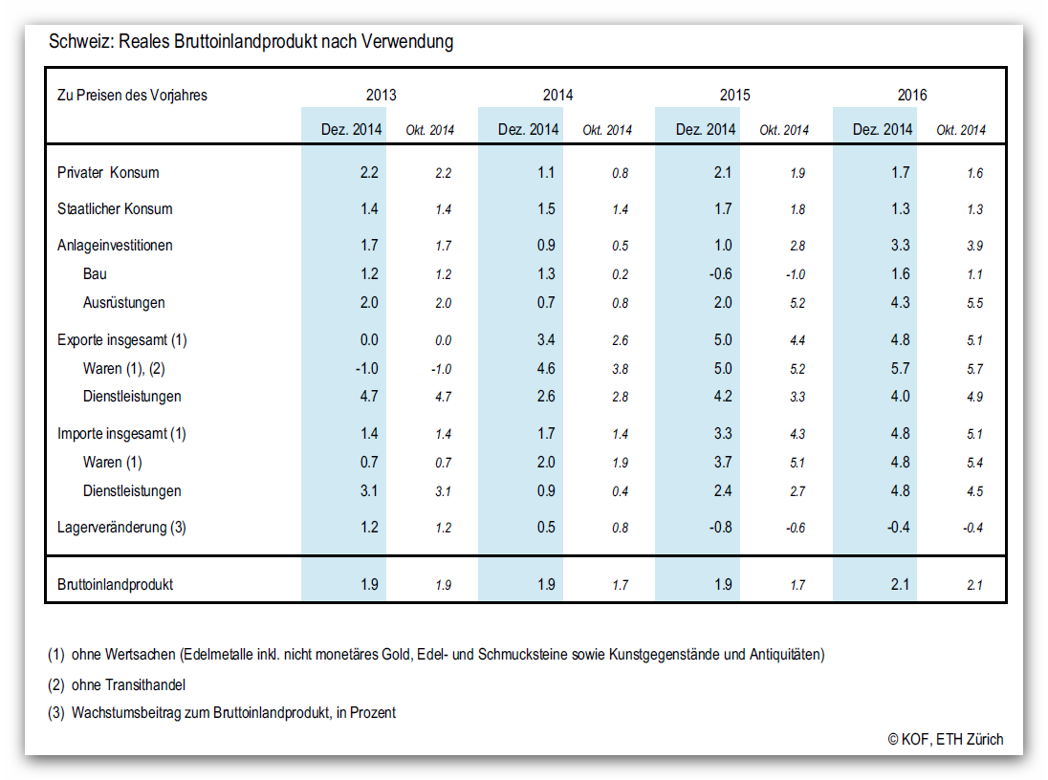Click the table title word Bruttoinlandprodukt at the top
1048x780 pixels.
click(x=246, y=41)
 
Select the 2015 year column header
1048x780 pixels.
click(x=734, y=95)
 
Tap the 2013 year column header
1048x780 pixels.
click(x=381, y=95)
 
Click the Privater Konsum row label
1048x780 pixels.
click(x=108, y=172)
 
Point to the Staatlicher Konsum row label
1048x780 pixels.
click(x=115, y=208)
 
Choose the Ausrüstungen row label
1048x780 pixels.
click(x=123, y=303)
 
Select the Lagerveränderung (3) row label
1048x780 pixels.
click(x=121, y=528)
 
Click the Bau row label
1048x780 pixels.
click(x=95, y=274)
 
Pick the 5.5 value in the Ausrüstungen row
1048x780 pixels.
click(x=974, y=303)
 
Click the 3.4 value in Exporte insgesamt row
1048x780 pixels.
click(x=546, y=339)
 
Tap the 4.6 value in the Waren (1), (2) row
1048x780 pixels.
click(x=546, y=368)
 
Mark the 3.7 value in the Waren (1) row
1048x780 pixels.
click(x=723, y=462)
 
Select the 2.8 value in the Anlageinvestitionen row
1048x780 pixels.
click(x=797, y=246)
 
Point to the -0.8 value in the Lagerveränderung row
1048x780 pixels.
click(x=721, y=528)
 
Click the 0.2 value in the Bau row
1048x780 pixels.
click(x=621, y=274)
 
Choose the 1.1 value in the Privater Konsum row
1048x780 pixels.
click(x=546, y=172)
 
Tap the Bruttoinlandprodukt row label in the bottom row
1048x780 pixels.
click(x=115, y=585)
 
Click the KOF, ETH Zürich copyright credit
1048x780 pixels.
click(x=946, y=739)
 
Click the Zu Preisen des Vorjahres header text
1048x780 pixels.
click(x=132, y=95)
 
